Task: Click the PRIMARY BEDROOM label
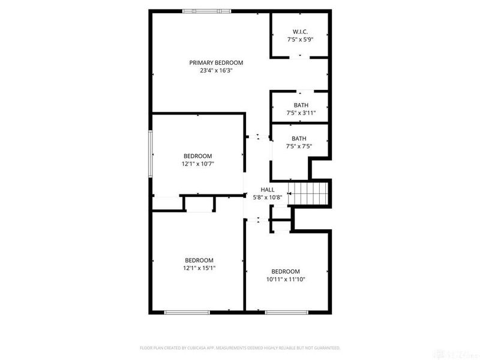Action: click(x=216, y=62)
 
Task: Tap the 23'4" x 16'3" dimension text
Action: click(x=216, y=70)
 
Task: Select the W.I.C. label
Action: click(x=301, y=32)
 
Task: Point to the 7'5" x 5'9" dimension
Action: click(x=301, y=40)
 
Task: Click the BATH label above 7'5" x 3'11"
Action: click(x=301, y=105)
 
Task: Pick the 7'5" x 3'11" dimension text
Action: click(x=301, y=113)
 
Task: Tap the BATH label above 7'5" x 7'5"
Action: click(x=299, y=138)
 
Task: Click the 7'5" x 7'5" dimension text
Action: click(x=299, y=146)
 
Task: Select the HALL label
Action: click(x=268, y=190)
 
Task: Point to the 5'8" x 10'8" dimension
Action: click(x=268, y=197)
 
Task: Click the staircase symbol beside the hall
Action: click(x=309, y=193)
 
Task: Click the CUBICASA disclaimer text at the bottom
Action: click(x=240, y=348)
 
